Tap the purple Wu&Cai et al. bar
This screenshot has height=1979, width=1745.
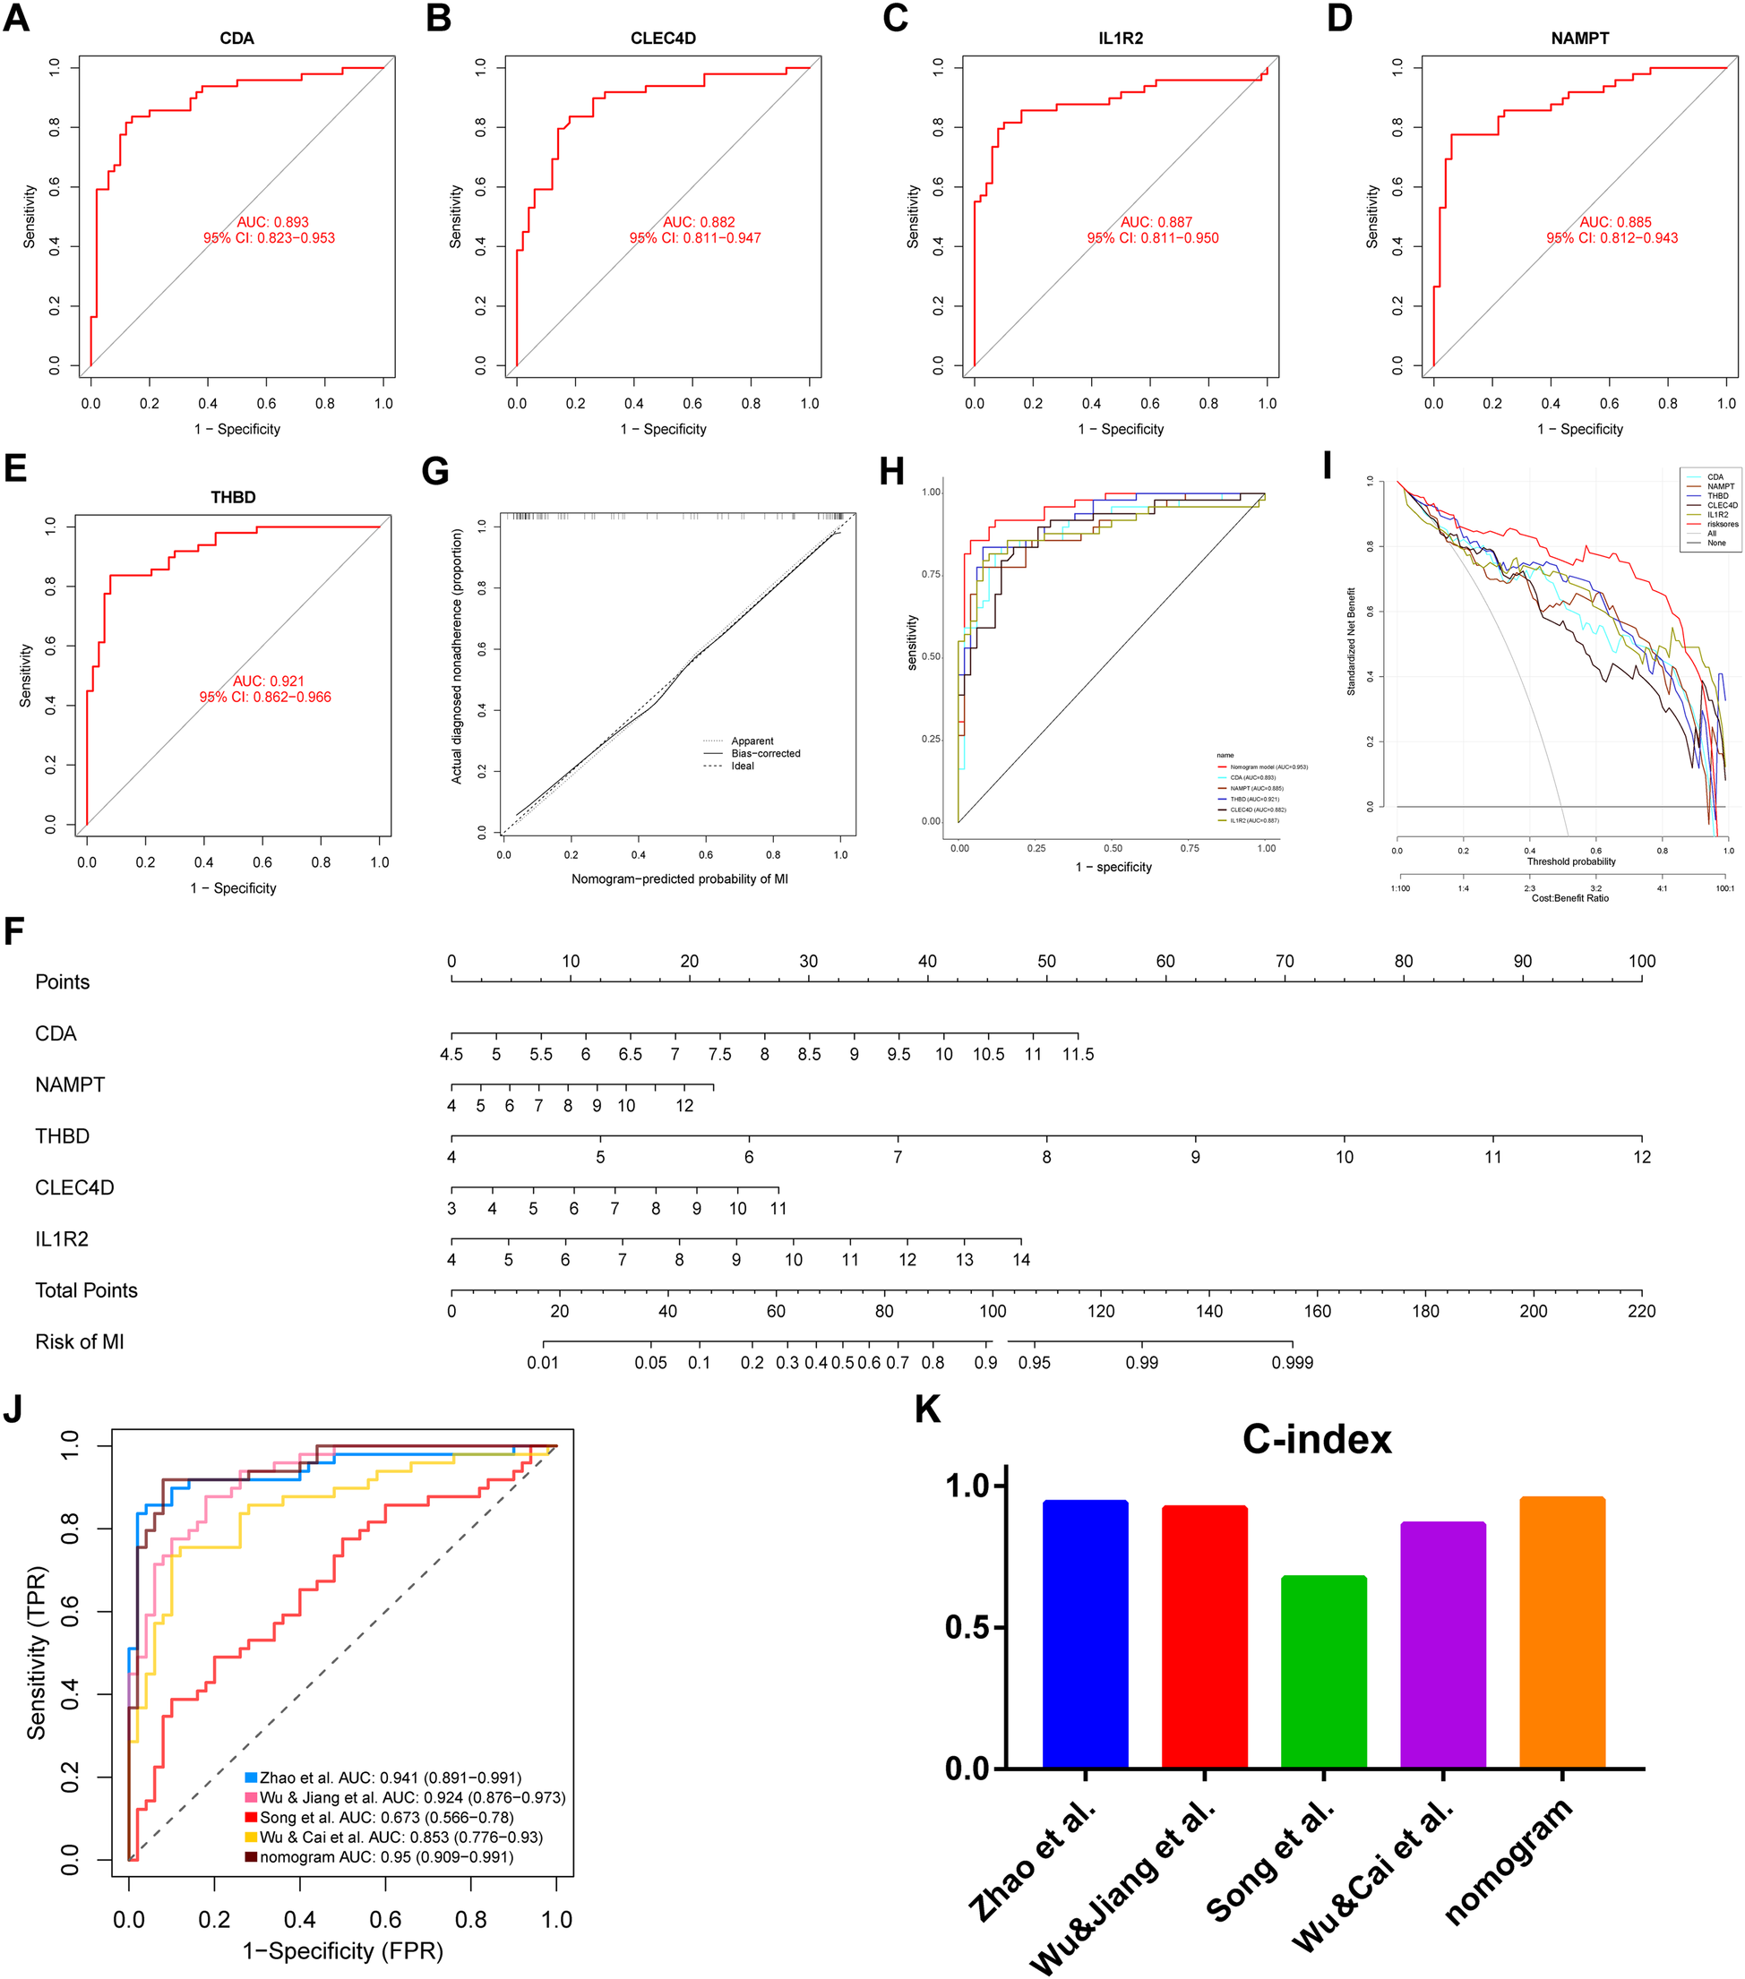click(x=1442, y=1646)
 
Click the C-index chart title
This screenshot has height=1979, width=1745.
click(x=1316, y=1440)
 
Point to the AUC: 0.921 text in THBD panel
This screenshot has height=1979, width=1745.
click(x=268, y=681)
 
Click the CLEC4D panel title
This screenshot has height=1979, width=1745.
click(x=662, y=39)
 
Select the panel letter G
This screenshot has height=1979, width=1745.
click(x=434, y=472)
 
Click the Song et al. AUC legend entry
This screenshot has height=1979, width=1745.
click(x=385, y=1817)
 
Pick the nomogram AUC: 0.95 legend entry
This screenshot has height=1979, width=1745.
click(x=385, y=1857)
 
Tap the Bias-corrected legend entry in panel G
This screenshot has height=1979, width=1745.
click(x=765, y=753)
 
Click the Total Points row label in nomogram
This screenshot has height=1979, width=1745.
click(x=86, y=1290)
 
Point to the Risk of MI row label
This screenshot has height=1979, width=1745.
click(x=80, y=1342)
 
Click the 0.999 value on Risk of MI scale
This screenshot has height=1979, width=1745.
click(x=1292, y=1362)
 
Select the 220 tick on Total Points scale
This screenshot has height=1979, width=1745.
click(x=1640, y=1311)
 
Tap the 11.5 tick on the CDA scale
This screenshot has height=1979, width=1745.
click(x=1077, y=1054)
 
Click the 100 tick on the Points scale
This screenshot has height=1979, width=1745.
click(x=1640, y=962)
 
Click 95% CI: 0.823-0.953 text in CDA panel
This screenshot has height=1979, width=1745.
click(x=270, y=238)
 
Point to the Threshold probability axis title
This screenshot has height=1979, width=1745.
click(x=1570, y=861)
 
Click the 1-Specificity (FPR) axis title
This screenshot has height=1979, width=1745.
click(x=342, y=1951)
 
